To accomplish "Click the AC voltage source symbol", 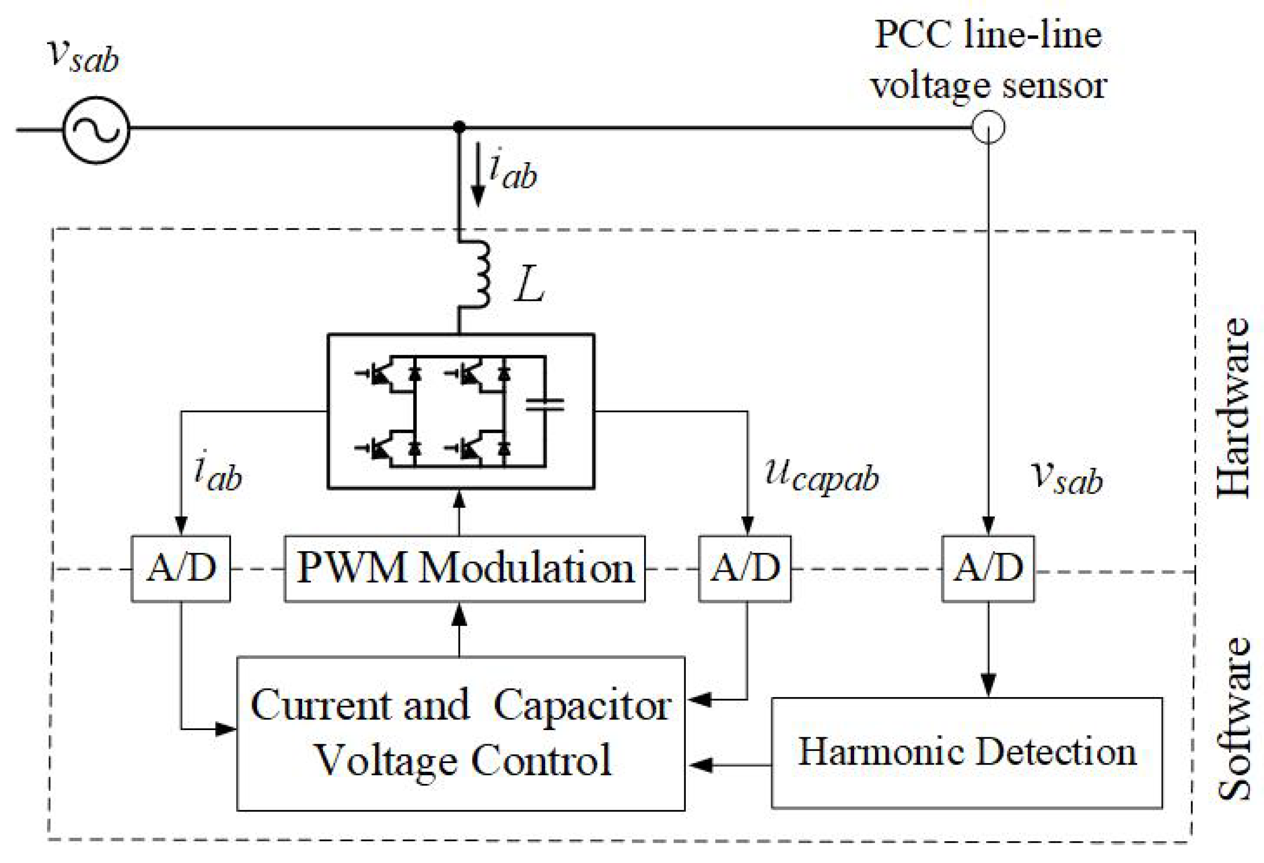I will click(96, 130).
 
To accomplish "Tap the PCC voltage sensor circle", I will click(988, 127).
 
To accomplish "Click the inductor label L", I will click(529, 284).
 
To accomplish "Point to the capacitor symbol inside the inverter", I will click(544, 404).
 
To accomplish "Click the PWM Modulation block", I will click(465, 569).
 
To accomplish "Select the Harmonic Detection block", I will click(967, 752).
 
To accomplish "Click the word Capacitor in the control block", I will click(582, 706).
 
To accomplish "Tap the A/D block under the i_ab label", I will click(181, 569).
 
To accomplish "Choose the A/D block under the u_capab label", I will click(745, 569).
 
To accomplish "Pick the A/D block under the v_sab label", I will click(988, 569).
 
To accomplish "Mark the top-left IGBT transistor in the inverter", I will click(379, 375).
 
